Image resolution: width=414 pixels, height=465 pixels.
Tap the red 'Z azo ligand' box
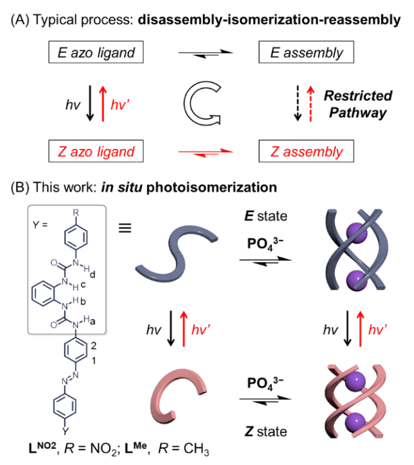92,151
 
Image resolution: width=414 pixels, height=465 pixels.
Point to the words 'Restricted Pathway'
357,103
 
